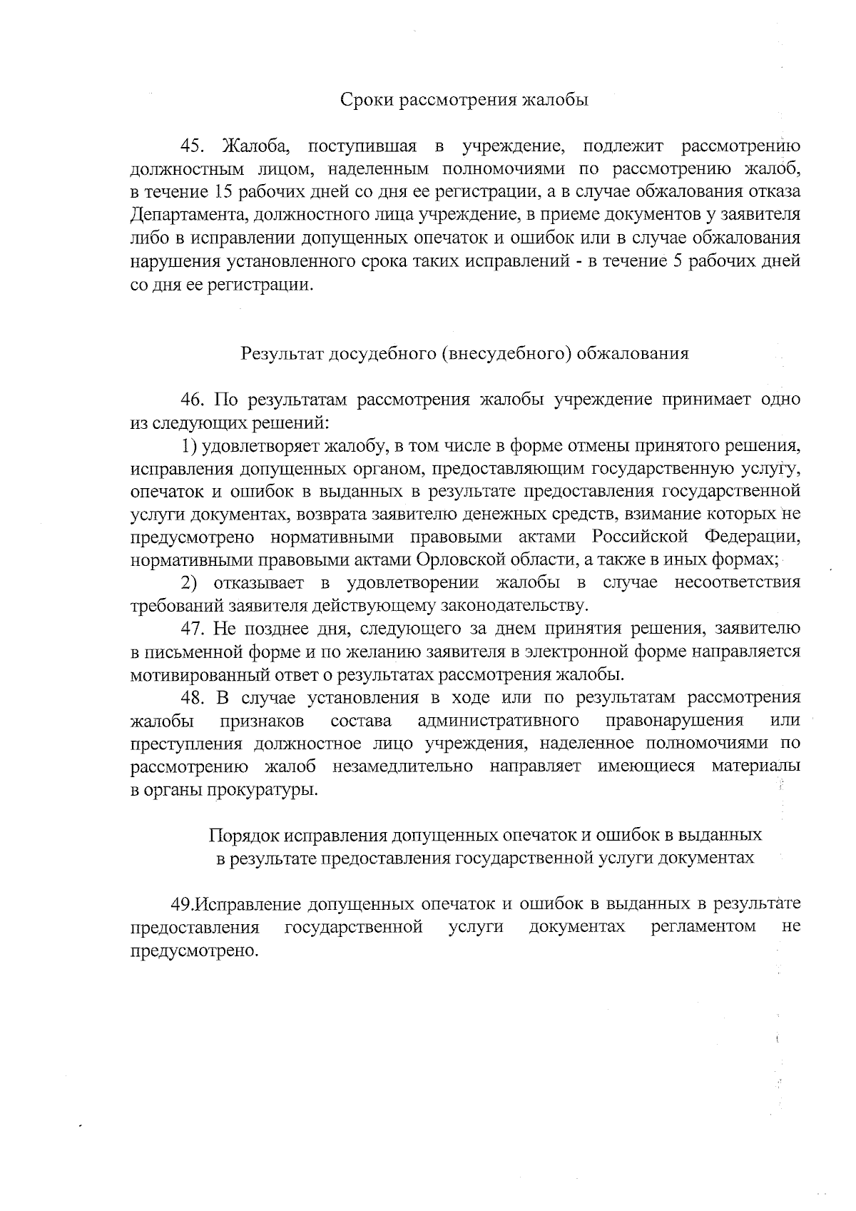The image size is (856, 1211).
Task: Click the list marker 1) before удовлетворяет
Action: point(188,446)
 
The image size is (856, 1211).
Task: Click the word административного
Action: point(498,720)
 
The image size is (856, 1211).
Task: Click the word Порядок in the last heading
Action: point(244,835)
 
